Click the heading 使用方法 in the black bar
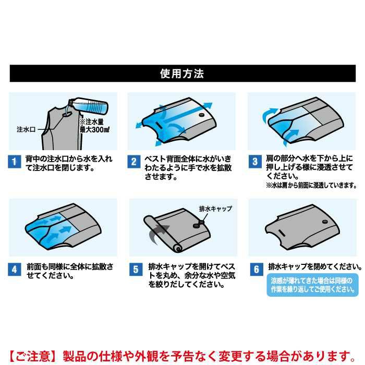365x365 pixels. click(x=182, y=74)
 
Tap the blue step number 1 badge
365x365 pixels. click(x=15, y=162)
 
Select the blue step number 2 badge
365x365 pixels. click(x=134, y=162)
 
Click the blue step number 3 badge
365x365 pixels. click(x=255, y=162)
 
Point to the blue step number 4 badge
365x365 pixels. click(x=15, y=270)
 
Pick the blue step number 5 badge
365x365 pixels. click(x=136, y=270)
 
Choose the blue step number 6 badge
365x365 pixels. click(x=257, y=270)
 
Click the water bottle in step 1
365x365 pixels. click(x=88, y=105)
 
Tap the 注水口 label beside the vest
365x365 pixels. click(x=26, y=129)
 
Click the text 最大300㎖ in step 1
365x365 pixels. click(x=94, y=130)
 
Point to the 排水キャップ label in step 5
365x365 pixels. click(x=215, y=209)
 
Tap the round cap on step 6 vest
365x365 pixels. click(x=325, y=222)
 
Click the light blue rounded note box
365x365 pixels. click(x=313, y=285)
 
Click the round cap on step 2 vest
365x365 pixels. click(x=201, y=115)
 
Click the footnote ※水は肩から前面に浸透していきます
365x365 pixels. click(x=311, y=185)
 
